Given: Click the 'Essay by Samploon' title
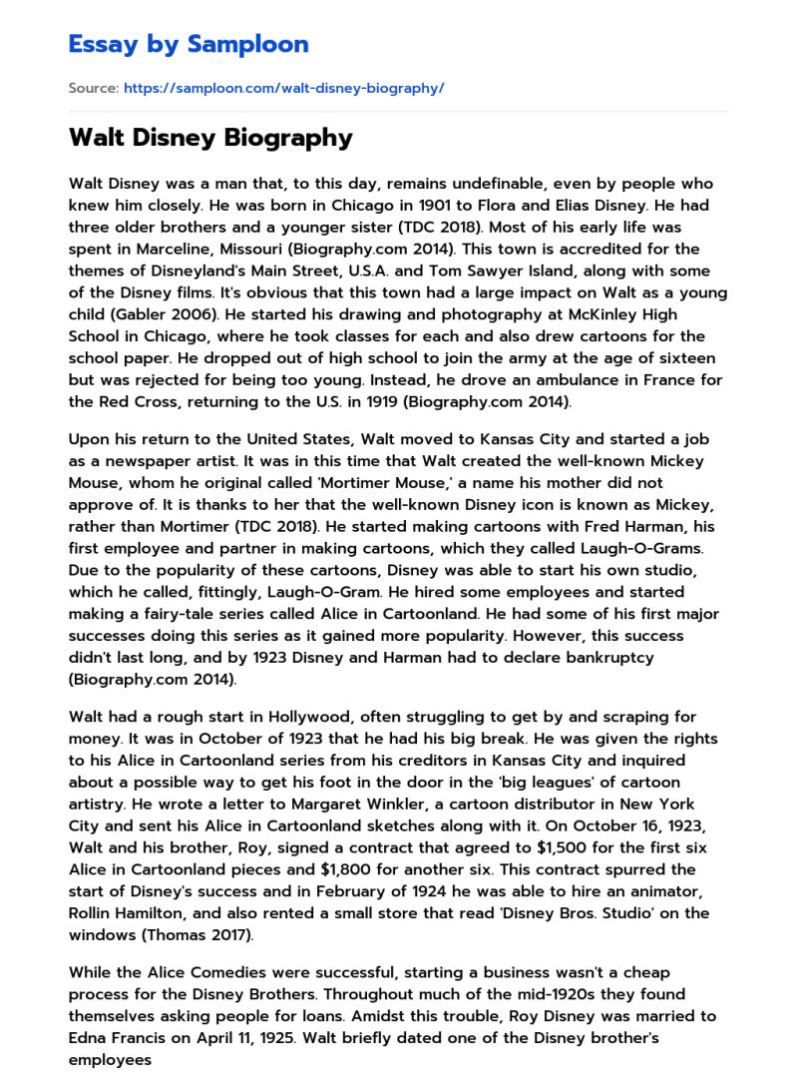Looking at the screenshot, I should click(x=189, y=44).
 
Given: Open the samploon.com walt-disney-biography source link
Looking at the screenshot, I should click(x=283, y=88).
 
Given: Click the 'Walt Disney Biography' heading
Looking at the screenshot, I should click(x=210, y=138).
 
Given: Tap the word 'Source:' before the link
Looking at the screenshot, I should click(x=93, y=88).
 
